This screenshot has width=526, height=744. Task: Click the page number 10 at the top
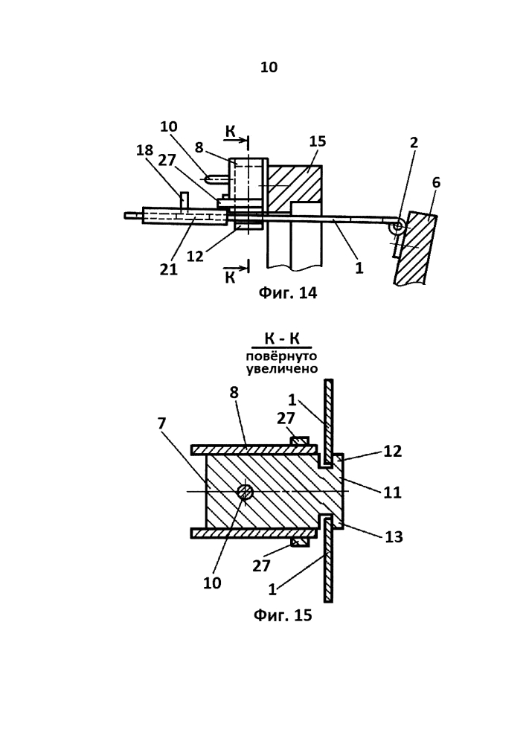[269, 68]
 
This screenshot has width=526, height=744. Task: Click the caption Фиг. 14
[287, 292]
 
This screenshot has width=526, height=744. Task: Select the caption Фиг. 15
[283, 615]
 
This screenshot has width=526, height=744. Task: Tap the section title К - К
[282, 339]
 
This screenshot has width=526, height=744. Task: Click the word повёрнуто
[281, 356]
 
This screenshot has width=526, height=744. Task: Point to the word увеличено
[282, 369]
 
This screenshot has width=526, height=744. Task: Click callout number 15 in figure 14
[317, 141]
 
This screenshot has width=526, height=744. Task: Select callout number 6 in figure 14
[436, 182]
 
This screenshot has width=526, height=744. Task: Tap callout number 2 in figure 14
[414, 142]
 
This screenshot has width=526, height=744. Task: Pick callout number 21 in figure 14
[168, 269]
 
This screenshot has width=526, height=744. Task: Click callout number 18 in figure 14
[144, 150]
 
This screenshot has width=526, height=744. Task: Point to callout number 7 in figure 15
[161, 423]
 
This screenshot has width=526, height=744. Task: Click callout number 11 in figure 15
[392, 492]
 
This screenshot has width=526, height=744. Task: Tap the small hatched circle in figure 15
[245, 492]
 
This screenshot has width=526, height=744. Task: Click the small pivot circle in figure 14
[396, 227]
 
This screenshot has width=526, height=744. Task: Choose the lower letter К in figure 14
[230, 277]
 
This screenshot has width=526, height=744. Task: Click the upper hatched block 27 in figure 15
[299, 441]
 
